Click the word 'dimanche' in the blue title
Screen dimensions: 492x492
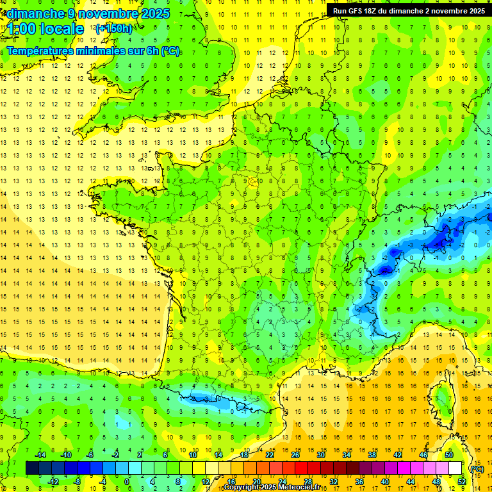(x=36, y=13)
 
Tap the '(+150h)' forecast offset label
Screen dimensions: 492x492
(x=114, y=28)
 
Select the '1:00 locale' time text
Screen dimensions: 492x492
(x=45, y=29)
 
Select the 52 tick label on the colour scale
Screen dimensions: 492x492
(x=462, y=482)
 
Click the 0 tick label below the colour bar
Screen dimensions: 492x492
(x=127, y=482)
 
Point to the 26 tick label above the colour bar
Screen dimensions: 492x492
(x=295, y=455)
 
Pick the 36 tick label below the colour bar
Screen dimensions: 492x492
(x=359, y=482)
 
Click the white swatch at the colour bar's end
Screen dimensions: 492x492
(x=455, y=468)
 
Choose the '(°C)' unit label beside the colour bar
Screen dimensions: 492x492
(x=477, y=468)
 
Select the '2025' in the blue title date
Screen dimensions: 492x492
(x=155, y=13)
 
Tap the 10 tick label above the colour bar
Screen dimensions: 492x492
(x=193, y=455)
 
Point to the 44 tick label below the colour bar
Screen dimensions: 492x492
(x=411, y=482)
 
